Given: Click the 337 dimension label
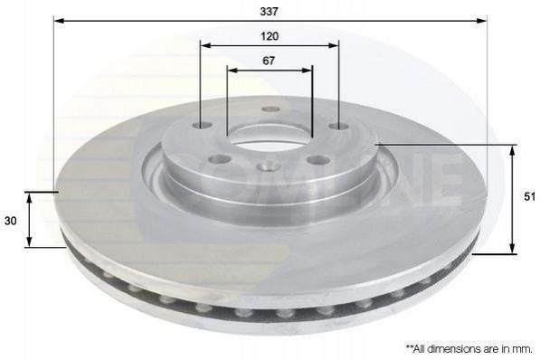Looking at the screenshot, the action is point(269,12).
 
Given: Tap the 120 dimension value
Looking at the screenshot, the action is point(270,36).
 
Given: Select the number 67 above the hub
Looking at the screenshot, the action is point(269,61).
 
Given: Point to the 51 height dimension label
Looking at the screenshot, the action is point(530,196).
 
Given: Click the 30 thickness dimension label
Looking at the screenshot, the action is point(10,221).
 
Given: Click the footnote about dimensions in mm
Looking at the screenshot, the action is point(469,348).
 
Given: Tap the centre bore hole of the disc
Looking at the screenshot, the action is point(270,135).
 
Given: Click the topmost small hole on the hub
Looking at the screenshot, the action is point(270,109).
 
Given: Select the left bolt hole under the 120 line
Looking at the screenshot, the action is point(202,125).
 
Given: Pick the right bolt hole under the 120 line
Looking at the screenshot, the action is point(339,127).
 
